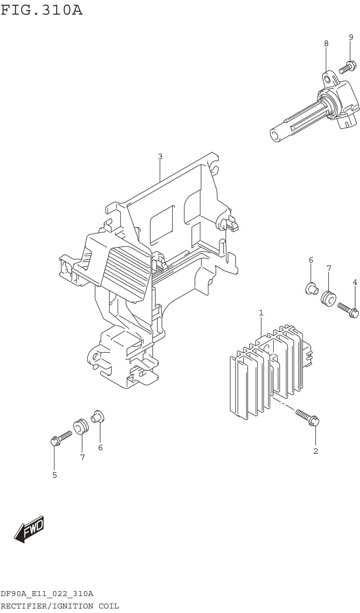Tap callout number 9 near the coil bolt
[351, 37]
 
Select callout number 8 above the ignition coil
[326, 43]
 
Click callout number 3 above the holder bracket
[160, 156]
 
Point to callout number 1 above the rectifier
[261, 313]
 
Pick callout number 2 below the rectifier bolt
[316, 451]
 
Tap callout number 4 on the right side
[355, 282]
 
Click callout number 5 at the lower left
[54, 475]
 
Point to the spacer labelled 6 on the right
[312, 289]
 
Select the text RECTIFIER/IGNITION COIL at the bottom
[60, 606]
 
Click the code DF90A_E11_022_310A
[47, 594]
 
